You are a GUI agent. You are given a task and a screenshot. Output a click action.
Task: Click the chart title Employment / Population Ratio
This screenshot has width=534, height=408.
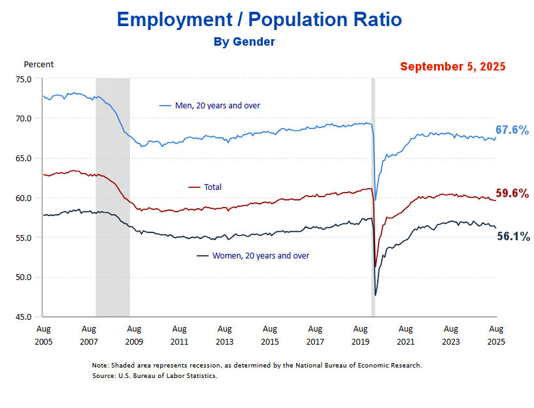click(259, 20)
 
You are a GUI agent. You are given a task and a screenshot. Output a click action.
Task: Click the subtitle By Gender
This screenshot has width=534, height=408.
click(244, 42)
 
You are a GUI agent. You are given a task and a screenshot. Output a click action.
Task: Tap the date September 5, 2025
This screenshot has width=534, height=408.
click(453, 67)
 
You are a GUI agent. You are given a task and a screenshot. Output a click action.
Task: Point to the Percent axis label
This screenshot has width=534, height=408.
click(39, 64)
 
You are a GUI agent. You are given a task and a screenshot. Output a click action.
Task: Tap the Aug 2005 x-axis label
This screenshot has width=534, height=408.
click(43, 335)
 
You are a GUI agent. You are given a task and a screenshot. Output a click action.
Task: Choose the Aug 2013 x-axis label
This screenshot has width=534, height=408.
click(224, 335)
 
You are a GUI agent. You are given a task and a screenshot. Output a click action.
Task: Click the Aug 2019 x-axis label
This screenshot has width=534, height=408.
click(360, 335)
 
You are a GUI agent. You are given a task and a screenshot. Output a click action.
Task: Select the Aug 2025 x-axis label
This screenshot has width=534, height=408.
click(496, 335)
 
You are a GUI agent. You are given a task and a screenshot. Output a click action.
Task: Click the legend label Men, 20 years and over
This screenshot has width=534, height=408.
click(222, 105)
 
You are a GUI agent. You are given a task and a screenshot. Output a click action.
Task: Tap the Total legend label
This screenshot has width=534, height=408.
click(212, 187)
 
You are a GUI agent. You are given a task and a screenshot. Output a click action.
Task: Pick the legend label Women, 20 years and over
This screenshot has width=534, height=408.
click(261, 255)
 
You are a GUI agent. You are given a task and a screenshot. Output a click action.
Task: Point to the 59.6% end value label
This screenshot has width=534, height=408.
click(512, 193)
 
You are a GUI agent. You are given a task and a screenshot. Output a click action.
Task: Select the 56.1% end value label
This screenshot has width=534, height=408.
click(514, 237)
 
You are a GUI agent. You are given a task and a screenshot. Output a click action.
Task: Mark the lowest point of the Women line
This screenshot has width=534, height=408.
click(375, 295)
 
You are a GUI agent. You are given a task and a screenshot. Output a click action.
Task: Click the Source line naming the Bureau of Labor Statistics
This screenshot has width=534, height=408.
click(154, 375)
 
